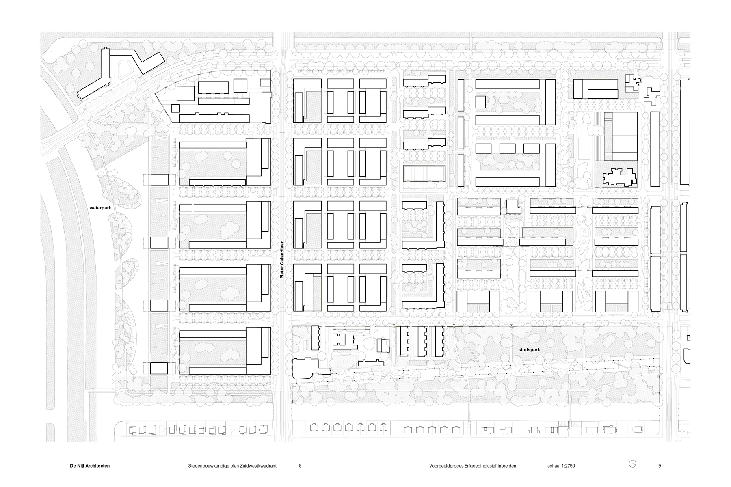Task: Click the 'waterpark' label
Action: (x=100, y=207)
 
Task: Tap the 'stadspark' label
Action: (x=529, y=349)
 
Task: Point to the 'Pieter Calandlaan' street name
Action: (x=281, y=258)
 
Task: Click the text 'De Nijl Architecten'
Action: (x=90, y=466)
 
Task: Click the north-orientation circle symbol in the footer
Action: (x=633, y=464)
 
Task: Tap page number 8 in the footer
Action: (x=300, y=466)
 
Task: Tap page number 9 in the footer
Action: (x=660, y=466)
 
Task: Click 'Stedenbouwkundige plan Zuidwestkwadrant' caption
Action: (x=232, y=466)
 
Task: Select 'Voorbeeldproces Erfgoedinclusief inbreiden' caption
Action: (x=473, y=466)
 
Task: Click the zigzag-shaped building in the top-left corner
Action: (x=121, y=71)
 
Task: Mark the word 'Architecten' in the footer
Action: (x=97, y=466)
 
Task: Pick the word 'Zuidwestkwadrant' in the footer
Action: (x=258, y=466)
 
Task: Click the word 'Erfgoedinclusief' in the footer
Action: (x=480, y=466)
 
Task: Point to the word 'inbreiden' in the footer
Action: (x=507, y=466)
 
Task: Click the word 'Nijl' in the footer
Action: (x=80, y=466)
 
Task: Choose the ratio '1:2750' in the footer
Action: (x=568, y=466)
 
